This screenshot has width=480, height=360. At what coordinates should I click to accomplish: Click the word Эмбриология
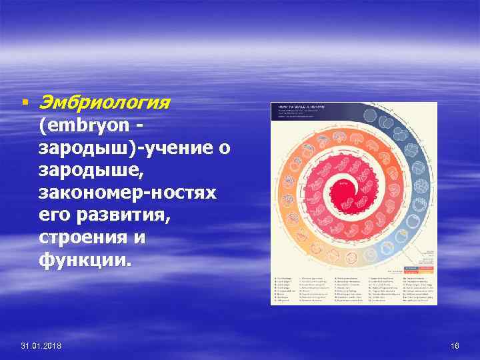click(105, 102)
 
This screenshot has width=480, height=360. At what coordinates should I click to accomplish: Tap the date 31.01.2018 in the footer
click(41, 347)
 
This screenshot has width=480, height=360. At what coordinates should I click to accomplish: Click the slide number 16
click(455, 347)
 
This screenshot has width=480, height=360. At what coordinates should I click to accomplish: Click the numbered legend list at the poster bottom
click(353, 289)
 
